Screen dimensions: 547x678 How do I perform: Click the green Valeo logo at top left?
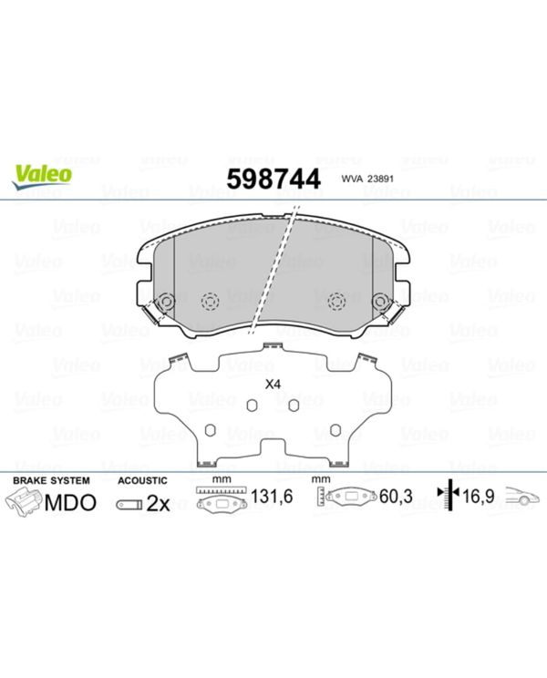[x=42, y=178]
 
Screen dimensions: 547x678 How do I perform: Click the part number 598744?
[x=273, y=179]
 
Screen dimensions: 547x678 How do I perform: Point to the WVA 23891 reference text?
[x=367, y=179]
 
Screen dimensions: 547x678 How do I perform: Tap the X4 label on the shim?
[x=273, y=385]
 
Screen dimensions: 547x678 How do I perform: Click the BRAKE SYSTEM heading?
[x=51, y=480]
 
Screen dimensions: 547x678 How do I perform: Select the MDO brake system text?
[x=70, y=502]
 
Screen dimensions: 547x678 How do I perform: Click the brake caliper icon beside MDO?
[x=26, y=502]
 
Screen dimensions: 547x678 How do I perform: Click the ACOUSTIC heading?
[x=142, y=480]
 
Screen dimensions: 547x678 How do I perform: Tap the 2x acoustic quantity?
[x=158, y=503]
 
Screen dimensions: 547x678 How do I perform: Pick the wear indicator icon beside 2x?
[x=129, y=504]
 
